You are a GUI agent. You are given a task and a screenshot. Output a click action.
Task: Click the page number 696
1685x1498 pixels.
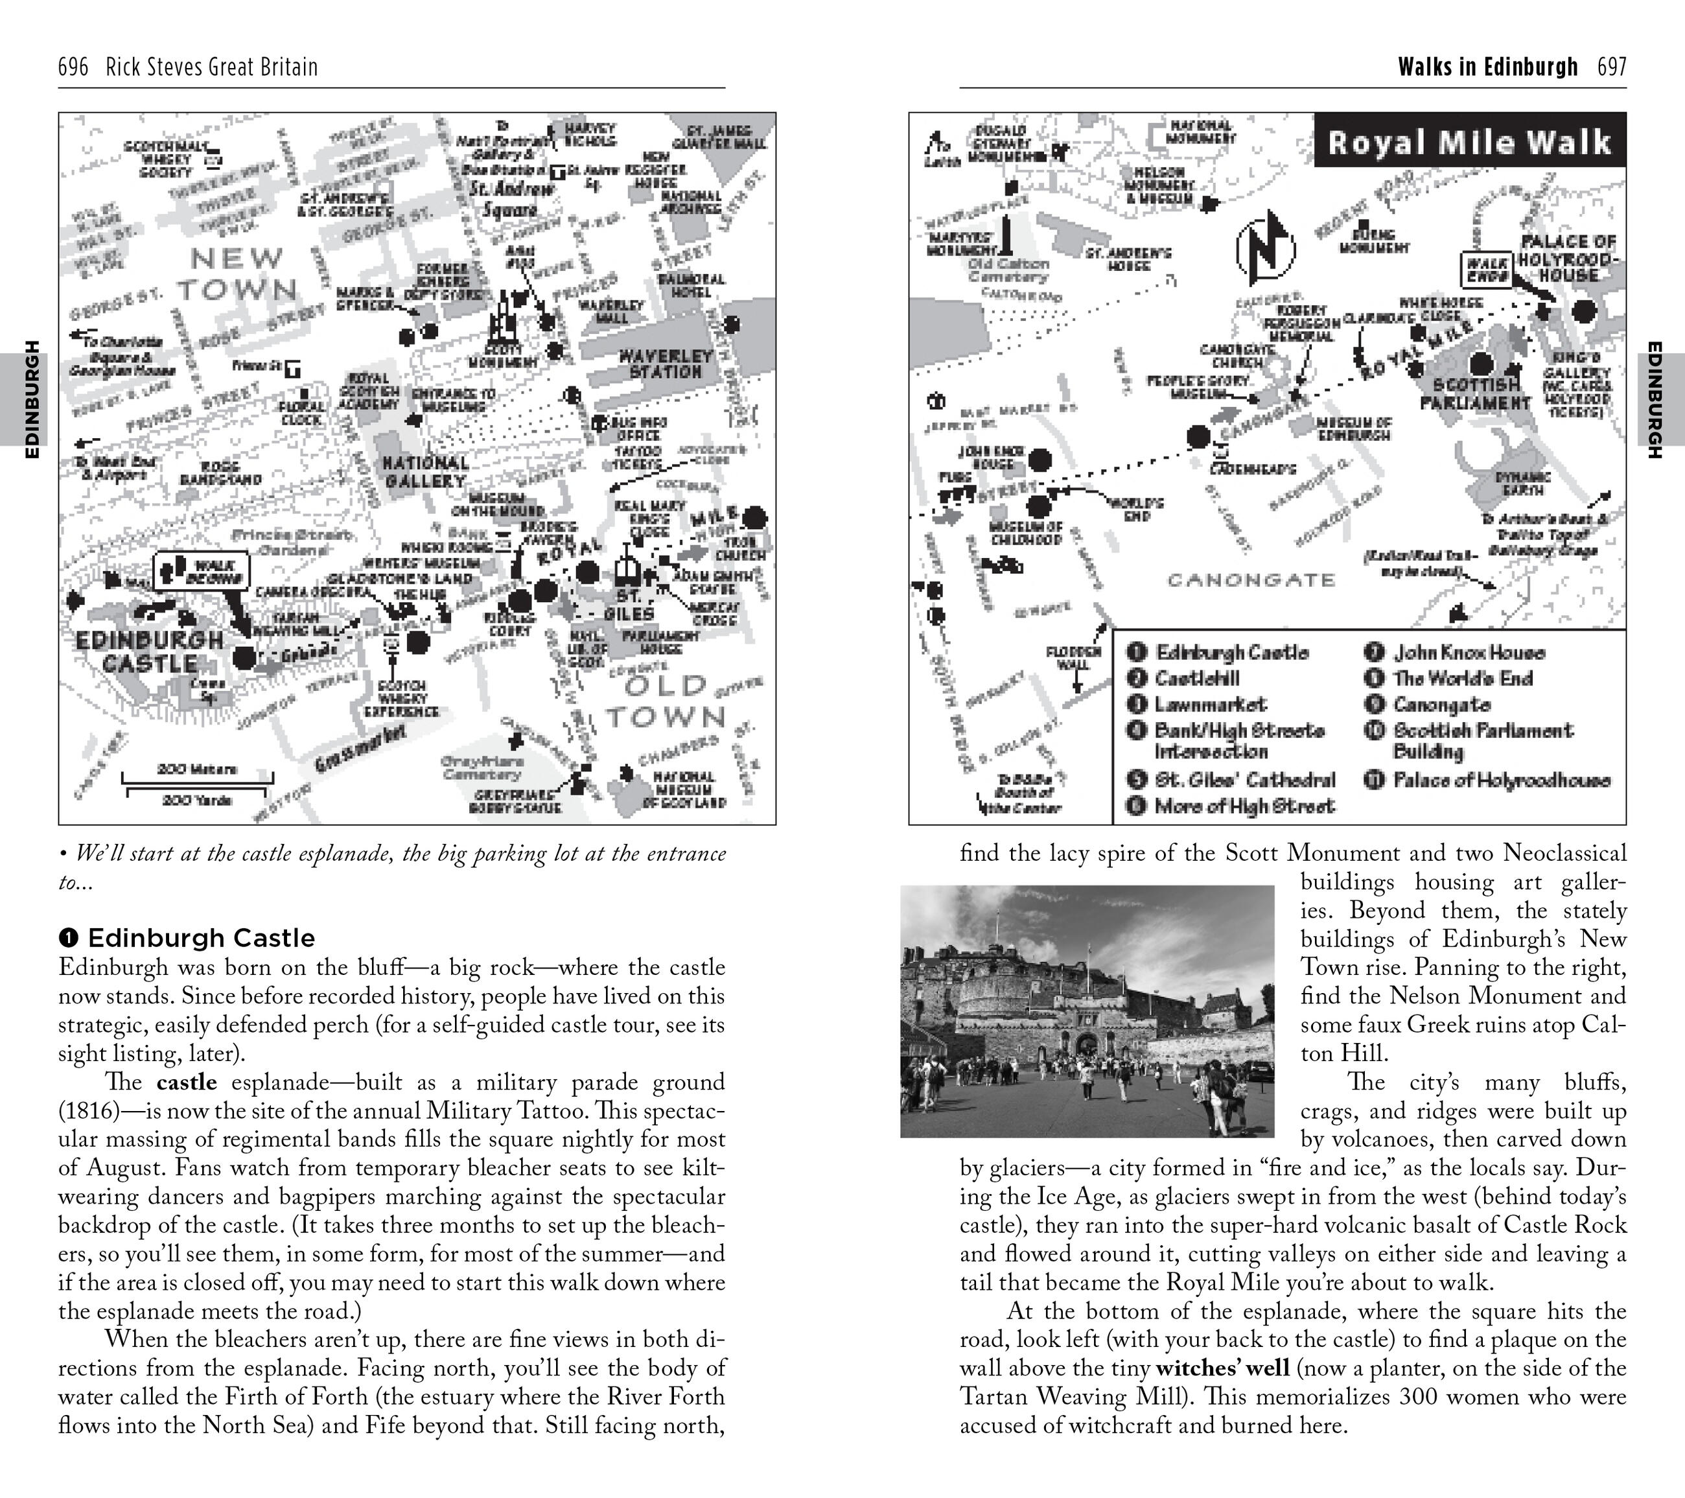point(73,67)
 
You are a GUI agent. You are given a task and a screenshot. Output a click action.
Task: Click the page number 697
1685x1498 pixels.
point(1612,67)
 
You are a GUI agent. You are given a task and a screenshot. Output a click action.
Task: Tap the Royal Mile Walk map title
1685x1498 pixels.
point(1469,142)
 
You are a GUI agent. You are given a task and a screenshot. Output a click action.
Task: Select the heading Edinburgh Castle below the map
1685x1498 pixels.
point(201,938)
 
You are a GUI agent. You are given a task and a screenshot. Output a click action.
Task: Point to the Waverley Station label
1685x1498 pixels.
point(666,364)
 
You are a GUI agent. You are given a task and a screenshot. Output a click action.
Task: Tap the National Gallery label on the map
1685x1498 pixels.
point(425,472)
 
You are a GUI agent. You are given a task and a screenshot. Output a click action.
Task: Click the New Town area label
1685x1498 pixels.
point(236,274)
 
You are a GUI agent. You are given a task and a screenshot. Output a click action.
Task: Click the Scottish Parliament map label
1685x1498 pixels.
point(1476,394)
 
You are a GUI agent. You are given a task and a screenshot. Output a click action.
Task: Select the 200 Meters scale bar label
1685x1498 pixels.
point(197,769)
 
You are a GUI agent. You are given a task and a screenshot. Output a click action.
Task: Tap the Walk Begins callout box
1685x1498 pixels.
point(203,570)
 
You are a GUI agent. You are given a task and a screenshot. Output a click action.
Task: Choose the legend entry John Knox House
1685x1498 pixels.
point(1468,653)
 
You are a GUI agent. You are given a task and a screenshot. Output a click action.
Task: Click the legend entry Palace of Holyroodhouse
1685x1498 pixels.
point(1500,780)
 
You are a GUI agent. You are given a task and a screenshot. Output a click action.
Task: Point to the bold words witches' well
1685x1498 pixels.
point(1222,1368)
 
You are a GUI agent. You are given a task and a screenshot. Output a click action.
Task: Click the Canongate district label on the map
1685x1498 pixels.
point(1251,580)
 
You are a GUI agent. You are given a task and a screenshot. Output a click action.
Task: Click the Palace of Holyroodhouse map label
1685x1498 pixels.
point(1568,258)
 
